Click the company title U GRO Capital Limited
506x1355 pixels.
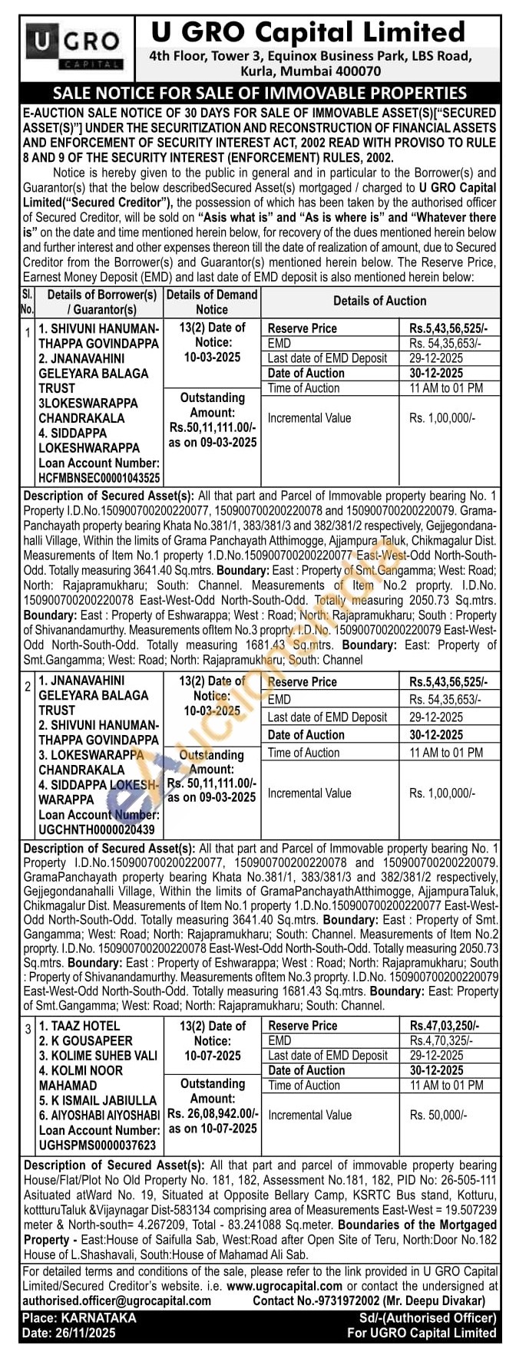click(308, 31)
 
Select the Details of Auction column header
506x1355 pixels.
click(379, 301)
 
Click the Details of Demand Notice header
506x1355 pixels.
click(212, 302)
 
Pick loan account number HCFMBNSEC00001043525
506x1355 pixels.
click(99, 476)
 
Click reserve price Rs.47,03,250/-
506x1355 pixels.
click(444, 1025)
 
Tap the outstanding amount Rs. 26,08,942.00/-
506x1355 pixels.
click(213, 1113)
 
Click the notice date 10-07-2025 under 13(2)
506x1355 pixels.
click(212, 1056)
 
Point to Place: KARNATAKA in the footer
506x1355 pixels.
click(79, 1317)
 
